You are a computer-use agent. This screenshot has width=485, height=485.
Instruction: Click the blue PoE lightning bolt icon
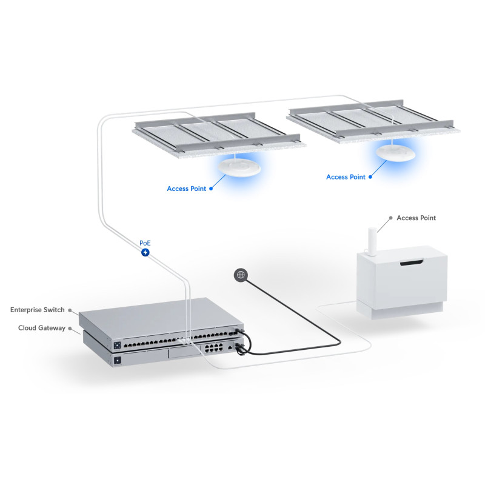pyautogui.click(x=145, y=252)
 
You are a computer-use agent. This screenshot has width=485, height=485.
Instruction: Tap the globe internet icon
pyautogui.click(x=241, y=275)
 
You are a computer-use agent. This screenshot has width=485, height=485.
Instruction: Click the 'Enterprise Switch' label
pyautogui.click(x=37, y=310)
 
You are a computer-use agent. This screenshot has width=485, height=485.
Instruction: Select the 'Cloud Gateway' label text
pyautogui.click(x=41, y=328)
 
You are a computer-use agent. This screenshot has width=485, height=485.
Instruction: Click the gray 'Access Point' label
pyautogui.click(x=416, y=218)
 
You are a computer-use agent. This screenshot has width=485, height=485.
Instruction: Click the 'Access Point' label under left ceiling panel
pyautogui.click(x=186, y=189)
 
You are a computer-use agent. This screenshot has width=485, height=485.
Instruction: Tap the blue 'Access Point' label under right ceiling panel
pyautogui.click(x=346, y=177)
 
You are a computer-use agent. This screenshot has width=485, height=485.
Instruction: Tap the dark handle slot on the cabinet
pyautogui.click(x=413, y=263)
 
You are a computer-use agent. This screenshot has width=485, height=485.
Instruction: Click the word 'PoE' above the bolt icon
pyautogui.click(x=145, y=242)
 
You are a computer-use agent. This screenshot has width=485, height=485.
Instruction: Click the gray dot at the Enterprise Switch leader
pyautogui.click(x=70, y=310)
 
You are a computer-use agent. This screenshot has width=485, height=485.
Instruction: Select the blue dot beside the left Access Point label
pyautogui.click(x=212, y=189)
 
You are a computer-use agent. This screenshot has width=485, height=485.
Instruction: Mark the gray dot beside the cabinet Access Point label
pyautogui.click(x=390, y=218)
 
